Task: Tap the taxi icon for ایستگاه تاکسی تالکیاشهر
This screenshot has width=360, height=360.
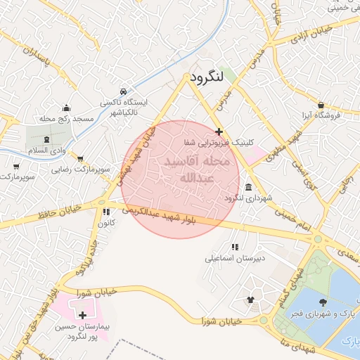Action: (x=124, y=91)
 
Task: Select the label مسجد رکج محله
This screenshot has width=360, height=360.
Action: (x=67, y=119)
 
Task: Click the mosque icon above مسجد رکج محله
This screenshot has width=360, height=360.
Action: (x=67, y=108)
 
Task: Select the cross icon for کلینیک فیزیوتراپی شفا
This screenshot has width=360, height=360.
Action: (x=219, y=131)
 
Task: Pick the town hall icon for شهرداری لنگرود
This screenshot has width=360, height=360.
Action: (x=250, y=187)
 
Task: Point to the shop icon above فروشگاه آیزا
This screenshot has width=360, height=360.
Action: (x=321, y=104)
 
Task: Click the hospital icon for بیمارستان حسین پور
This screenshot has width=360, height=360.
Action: (x=84, y=315)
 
